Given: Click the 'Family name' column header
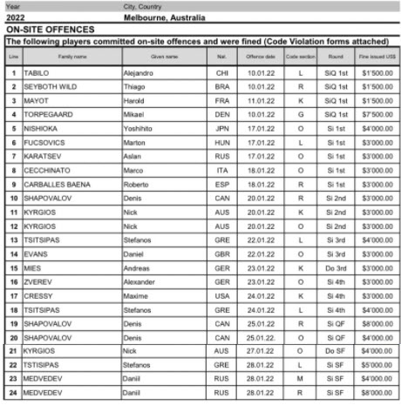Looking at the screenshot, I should pos(72,57).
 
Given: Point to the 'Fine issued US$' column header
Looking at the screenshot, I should pos(374,57).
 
